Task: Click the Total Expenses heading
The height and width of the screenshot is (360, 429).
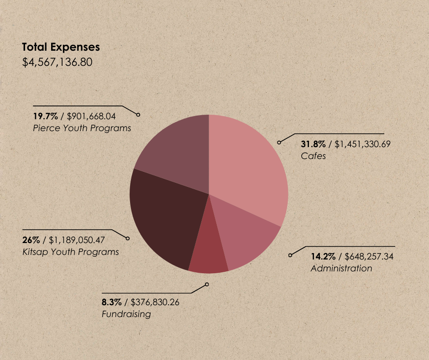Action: [x=61, y=47]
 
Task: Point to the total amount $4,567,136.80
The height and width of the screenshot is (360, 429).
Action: [x=58, y=62]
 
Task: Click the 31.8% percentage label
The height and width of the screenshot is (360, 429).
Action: [x=313, y=144]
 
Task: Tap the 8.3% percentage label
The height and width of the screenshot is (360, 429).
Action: [x=111, y=302]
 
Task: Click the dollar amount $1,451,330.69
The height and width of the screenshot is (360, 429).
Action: [x=362, y=144]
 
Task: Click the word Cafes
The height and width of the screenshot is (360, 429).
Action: [x=313, y=156]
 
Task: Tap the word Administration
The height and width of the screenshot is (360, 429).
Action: [x=341, y=268]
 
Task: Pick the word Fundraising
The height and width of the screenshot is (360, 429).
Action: [x=126, y=314]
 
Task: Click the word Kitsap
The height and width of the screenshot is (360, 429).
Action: [x=33, y=252]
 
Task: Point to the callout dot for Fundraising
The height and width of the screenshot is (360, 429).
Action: [x=207, y=284]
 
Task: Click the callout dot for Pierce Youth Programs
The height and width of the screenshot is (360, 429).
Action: [x=138, y=115]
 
